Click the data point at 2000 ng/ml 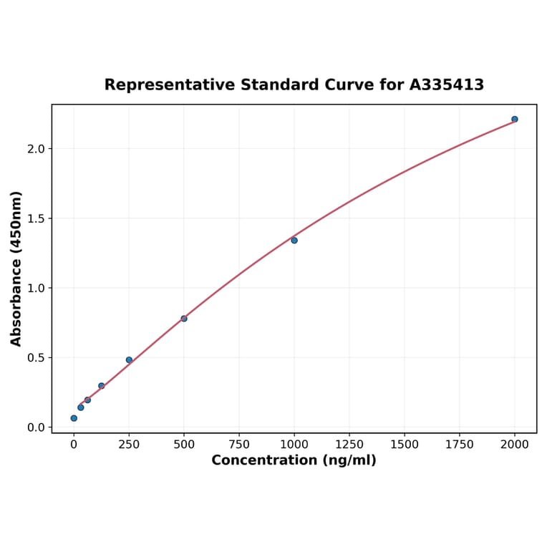[x=515, y=119]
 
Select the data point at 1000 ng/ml [x=294, y=240]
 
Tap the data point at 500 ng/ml [x=184, y=318]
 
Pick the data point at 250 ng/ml [x=129, y=359]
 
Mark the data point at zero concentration [x=74, y=417]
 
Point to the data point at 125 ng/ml [x=102, y=385]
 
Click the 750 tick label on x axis [x=239, y=444]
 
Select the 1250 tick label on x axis [x=349, y=444]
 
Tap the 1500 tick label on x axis [x=405, y=444]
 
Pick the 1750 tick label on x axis [x=460, y=444]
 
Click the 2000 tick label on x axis [x=515, y=444]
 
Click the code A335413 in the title [x=447, y=84]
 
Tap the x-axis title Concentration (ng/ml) [x=294, y=460]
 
